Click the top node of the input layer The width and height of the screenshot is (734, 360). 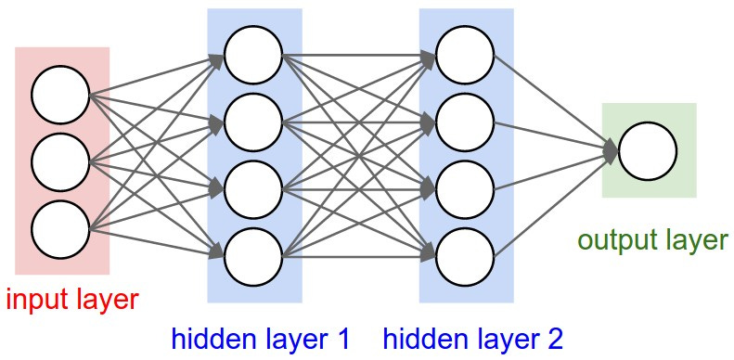click(59, 96)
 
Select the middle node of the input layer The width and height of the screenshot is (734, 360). click(59, 161)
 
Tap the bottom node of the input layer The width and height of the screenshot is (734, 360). click(59, 228)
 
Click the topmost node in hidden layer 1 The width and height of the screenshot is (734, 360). click(252, 56)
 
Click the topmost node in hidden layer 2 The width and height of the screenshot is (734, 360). click(465, 56)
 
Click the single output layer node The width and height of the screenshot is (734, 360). click(648, 150)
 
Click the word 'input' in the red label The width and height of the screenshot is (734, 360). click(37, 299)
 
